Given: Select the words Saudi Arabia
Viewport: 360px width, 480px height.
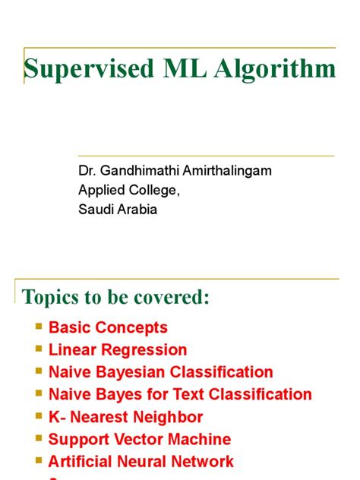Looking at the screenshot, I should [x=118, y=209].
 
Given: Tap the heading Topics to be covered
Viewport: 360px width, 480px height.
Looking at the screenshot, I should [x=115, y=297].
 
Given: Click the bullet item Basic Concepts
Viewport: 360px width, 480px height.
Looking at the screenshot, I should [x=108, y=328].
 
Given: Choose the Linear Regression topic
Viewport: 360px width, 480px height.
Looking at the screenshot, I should [x=117, y=350].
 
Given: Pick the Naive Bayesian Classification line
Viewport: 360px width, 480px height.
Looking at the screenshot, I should [x=160, y=372].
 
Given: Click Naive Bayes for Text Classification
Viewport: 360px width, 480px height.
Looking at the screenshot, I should [x=180, y=394].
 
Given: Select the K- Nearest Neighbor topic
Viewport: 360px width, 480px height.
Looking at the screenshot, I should [x=125, y=417].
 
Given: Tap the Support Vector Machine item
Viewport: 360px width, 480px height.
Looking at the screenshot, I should [x=139, y=439].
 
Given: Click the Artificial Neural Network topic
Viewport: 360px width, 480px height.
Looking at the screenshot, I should [x=141, y=461].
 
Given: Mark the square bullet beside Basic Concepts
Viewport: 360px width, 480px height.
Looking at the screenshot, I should [x=39, y=327].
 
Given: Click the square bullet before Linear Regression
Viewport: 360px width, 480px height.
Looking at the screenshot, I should [x=39, y=349].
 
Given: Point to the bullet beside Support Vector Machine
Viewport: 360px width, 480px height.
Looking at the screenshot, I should [x=39, y=437].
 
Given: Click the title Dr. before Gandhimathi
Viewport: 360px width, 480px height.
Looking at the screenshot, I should [x=87, y=171].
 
